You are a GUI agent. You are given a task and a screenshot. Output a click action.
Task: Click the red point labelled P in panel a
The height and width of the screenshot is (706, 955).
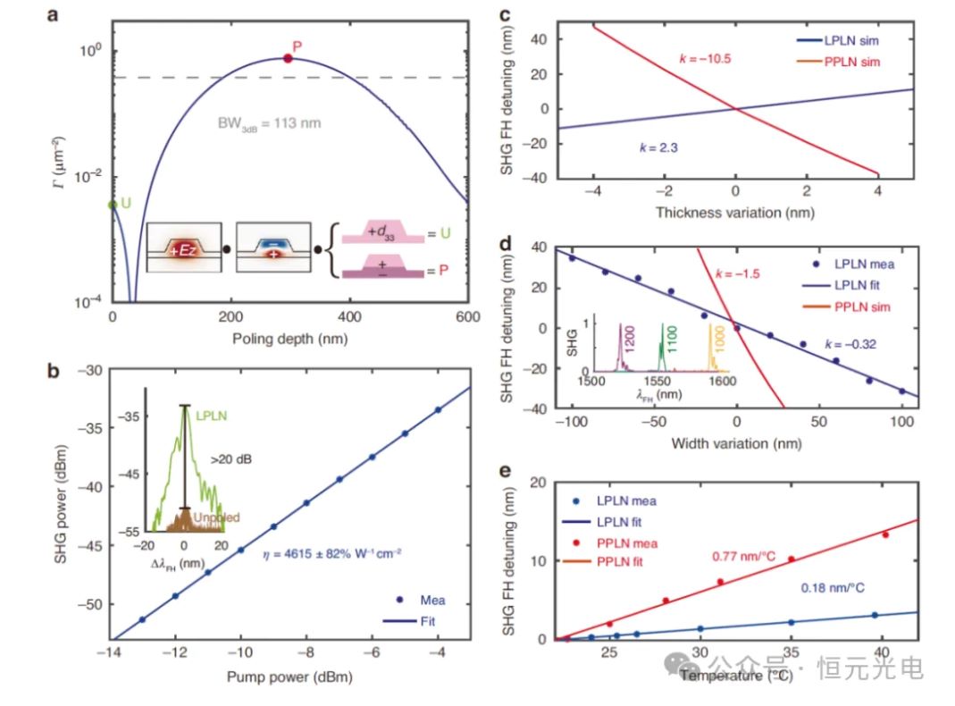[288, 58]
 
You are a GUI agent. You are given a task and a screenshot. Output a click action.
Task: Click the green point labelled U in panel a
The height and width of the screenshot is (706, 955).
[113, 205]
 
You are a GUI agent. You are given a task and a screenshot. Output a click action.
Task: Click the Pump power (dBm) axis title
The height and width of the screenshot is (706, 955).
[289, 677]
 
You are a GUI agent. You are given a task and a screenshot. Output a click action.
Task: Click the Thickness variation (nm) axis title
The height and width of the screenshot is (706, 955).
[734, 212]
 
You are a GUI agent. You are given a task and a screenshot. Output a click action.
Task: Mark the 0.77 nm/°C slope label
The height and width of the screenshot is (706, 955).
[743, 557]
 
